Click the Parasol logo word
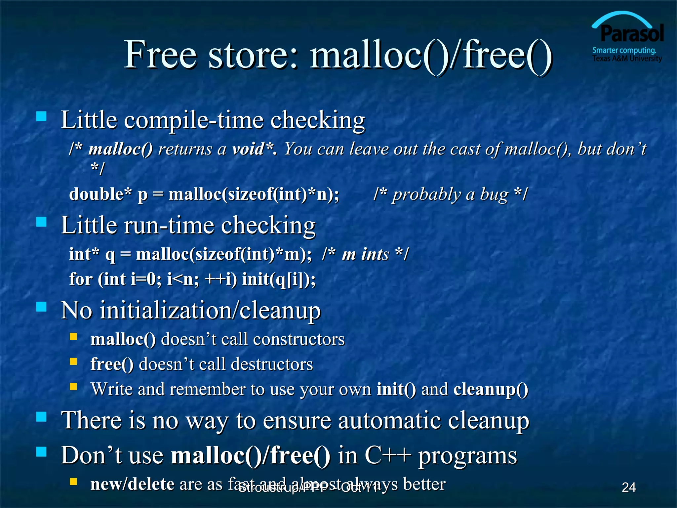tap(632, 34)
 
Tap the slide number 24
tap(628, 487)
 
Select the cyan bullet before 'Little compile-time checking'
tap(42, 116)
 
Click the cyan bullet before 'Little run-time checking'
tap(42, 222)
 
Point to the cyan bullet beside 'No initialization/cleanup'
tap(42, 307)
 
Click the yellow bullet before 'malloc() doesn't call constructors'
tap(73, 337)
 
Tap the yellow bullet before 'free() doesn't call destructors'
tap(73, 361)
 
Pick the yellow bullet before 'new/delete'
tap(73, 481)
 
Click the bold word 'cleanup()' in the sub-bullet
tap(491, 390)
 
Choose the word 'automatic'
tap(389, 420)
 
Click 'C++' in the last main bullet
tap(387, 456)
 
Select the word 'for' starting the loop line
tap(81, 279)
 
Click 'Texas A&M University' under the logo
tap(627, 59)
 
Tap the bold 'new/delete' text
tap(132, 485)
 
